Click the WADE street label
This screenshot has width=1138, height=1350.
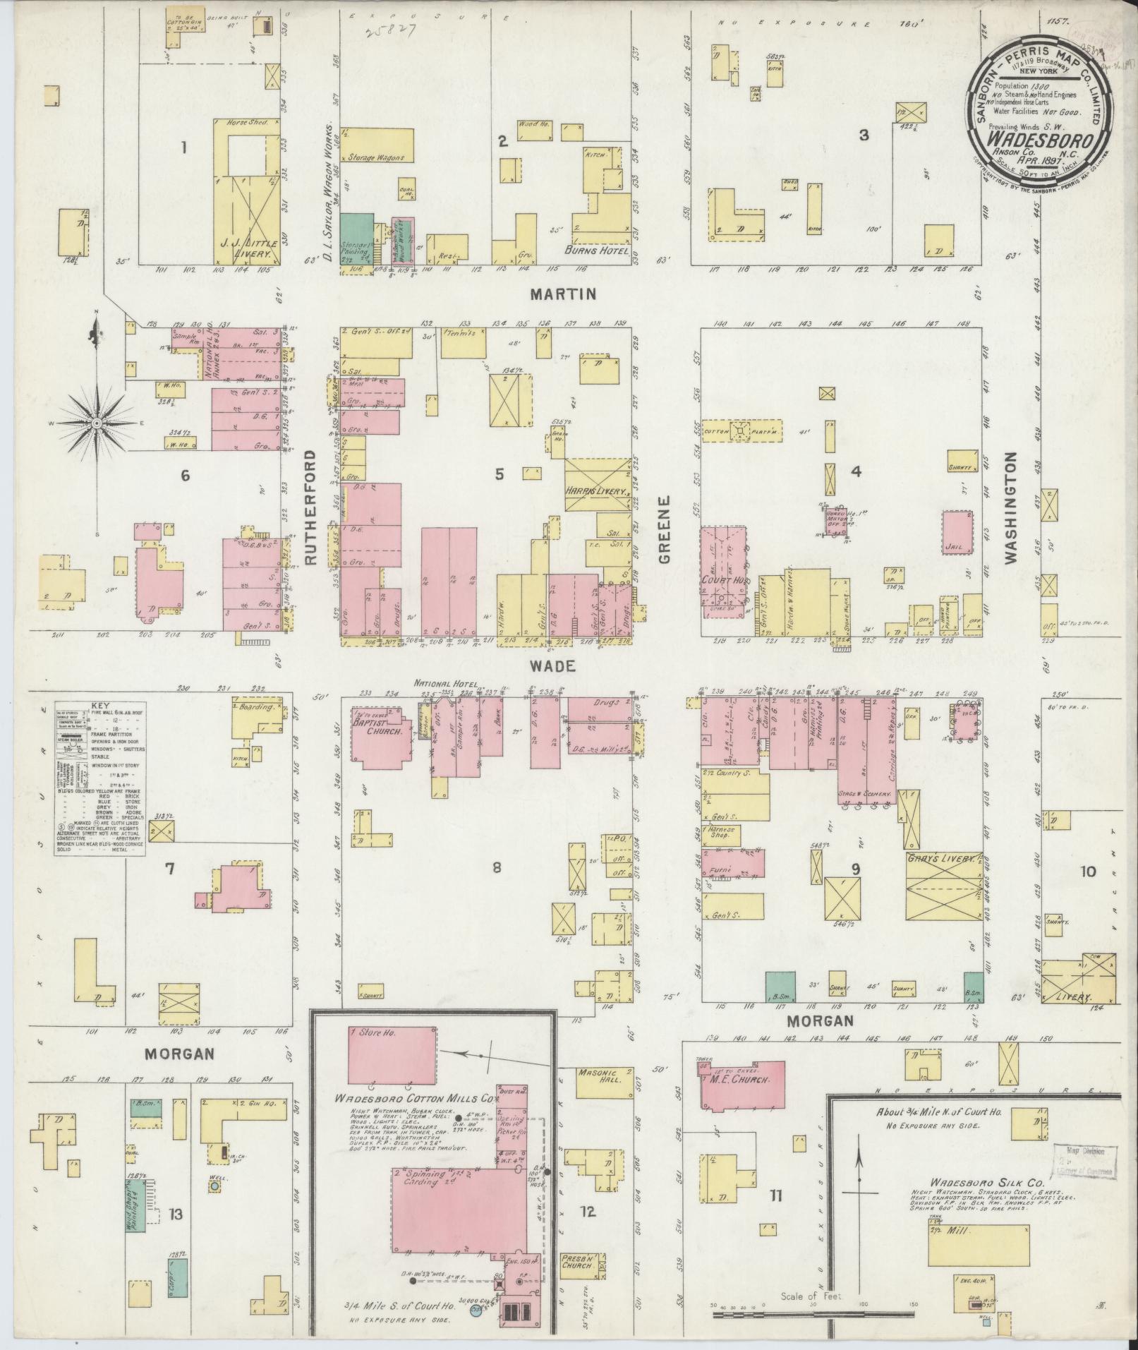coord(561,665)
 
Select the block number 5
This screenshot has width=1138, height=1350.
coord(500,475)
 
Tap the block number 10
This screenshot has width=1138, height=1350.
coord(1087,872)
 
